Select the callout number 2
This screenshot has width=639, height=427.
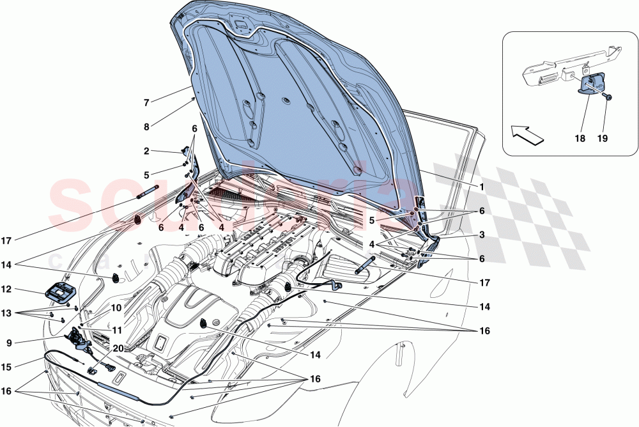pos(146,151)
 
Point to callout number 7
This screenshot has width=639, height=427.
pos(146,103)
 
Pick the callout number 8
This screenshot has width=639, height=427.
pos(146,127)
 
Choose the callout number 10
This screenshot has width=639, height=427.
pos(115,307)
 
